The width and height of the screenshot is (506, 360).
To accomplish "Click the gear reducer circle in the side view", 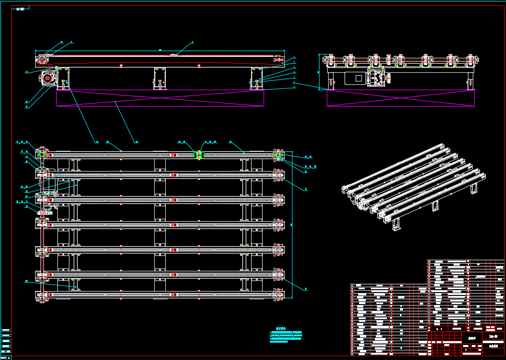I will pyautogui.click(x=48, y=78).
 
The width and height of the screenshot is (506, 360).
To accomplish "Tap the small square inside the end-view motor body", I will pyautogui.click(x=358, y=78).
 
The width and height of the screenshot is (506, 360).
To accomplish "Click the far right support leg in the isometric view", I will pyautogui.click(x=473, y=187).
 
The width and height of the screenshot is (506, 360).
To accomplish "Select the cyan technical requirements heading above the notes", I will pyautogui.click(x=281, y=329).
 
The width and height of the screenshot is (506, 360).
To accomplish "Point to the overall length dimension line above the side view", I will pyautogui.click(x=160, y=51).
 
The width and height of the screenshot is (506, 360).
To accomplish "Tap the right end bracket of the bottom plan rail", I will pyautogui.click(x=279, y=294).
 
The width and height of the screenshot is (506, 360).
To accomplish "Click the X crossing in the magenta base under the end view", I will pyautogui.click(x=400, y=98).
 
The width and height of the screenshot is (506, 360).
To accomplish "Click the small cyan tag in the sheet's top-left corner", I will pyautogui.click(x=20, y=9).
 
